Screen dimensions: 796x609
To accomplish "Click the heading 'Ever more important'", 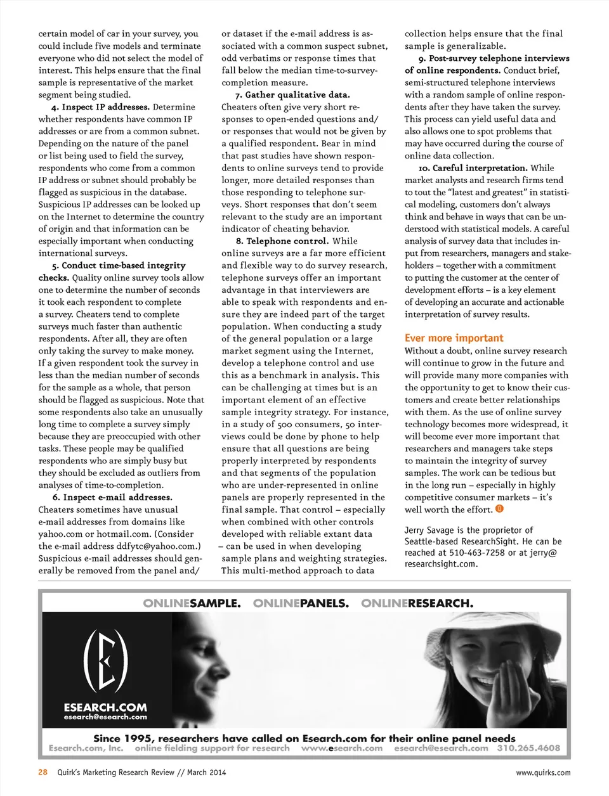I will point(454,338).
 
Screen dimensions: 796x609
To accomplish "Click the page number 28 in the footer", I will point(43,773).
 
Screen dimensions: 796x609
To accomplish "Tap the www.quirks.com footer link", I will point(543,773).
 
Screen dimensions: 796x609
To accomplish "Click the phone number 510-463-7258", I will point(477,553).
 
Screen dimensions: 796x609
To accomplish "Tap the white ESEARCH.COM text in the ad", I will point(105,707).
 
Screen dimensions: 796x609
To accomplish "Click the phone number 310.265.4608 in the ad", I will point(528,748).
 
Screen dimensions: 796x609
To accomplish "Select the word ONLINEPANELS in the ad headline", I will point(301,603).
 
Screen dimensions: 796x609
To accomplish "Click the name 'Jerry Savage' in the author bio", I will point(428,530).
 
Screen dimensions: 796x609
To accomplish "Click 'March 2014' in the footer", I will point(206,773).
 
